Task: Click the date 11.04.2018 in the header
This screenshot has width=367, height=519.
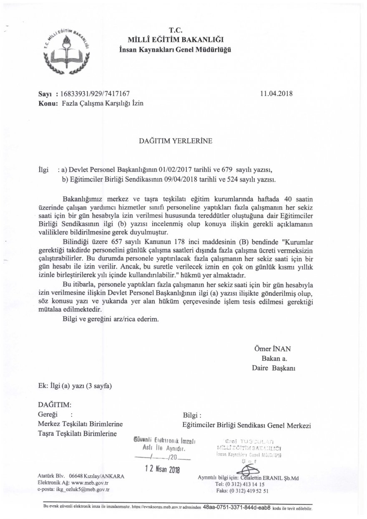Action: [276, 94]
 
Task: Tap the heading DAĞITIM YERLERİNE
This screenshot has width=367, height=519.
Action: [175, 141]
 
